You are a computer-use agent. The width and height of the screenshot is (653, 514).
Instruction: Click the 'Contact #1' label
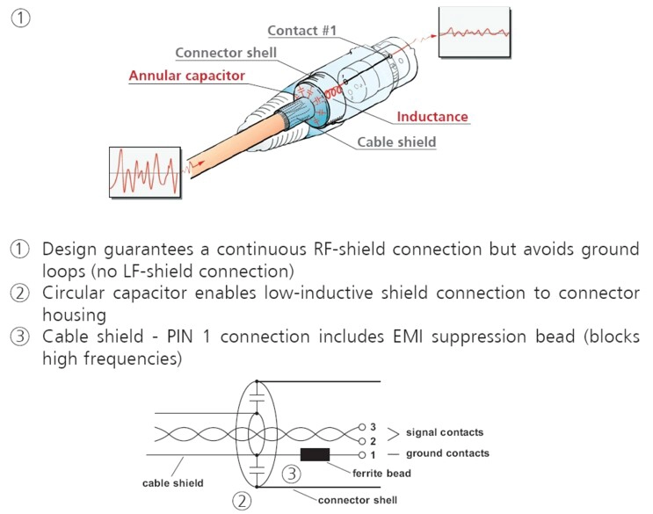pyautogui.click(x=302, y=31)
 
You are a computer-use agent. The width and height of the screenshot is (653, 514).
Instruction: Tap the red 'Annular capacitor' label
pyautogui.click(x=187, y=76)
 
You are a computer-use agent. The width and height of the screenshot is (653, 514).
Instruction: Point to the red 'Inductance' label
pyautogui.click(x=432, y=116)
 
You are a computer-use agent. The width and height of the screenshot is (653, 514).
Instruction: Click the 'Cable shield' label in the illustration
pyautogui.click(x=396, y=141)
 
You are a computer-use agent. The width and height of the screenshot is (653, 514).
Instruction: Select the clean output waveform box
pyautogui.click(x=475, y=33)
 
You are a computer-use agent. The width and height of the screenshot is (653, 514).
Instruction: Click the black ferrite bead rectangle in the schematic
pyautogui.click(x=315, y=454)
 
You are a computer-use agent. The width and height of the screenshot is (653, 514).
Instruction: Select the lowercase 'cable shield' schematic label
pyautogui.click(x=173, y=482)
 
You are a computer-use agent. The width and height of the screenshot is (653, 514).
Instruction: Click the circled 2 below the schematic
pyautogui.click(x=240, y=502)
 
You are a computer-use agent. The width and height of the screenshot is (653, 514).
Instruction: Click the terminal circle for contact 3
pyautogui.click(x=362, y=427)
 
